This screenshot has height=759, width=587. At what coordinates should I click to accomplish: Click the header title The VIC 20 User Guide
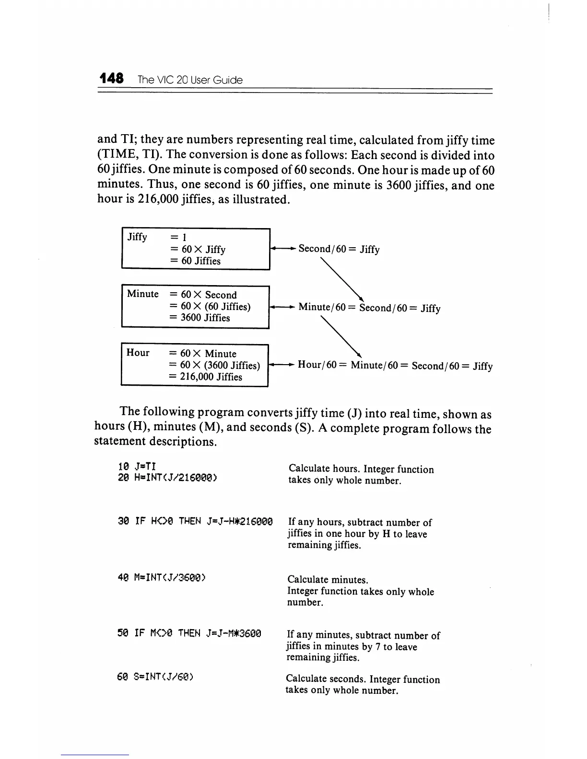(190, 80)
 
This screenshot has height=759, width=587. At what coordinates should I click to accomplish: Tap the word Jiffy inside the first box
(137, 237)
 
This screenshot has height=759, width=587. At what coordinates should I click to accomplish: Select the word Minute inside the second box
(142, 294)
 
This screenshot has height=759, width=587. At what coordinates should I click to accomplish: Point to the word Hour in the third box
(138, 353)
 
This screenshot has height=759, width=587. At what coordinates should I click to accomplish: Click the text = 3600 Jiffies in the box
(200, 318)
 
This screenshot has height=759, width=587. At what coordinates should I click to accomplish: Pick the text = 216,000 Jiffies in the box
(205, 377)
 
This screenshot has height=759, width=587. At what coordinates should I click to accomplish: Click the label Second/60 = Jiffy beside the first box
(339, 249)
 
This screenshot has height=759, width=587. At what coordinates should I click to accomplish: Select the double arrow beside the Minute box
(282, 307)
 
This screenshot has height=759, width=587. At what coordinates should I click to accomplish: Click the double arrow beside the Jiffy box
(283, 248)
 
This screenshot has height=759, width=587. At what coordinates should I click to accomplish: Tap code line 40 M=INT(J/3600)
(162, 577)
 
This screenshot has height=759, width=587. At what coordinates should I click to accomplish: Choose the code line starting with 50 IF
(189, 633)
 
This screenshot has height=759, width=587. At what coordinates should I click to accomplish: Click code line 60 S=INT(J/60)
(155, 677)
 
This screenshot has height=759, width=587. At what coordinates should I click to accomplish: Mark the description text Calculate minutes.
(328, 580)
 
